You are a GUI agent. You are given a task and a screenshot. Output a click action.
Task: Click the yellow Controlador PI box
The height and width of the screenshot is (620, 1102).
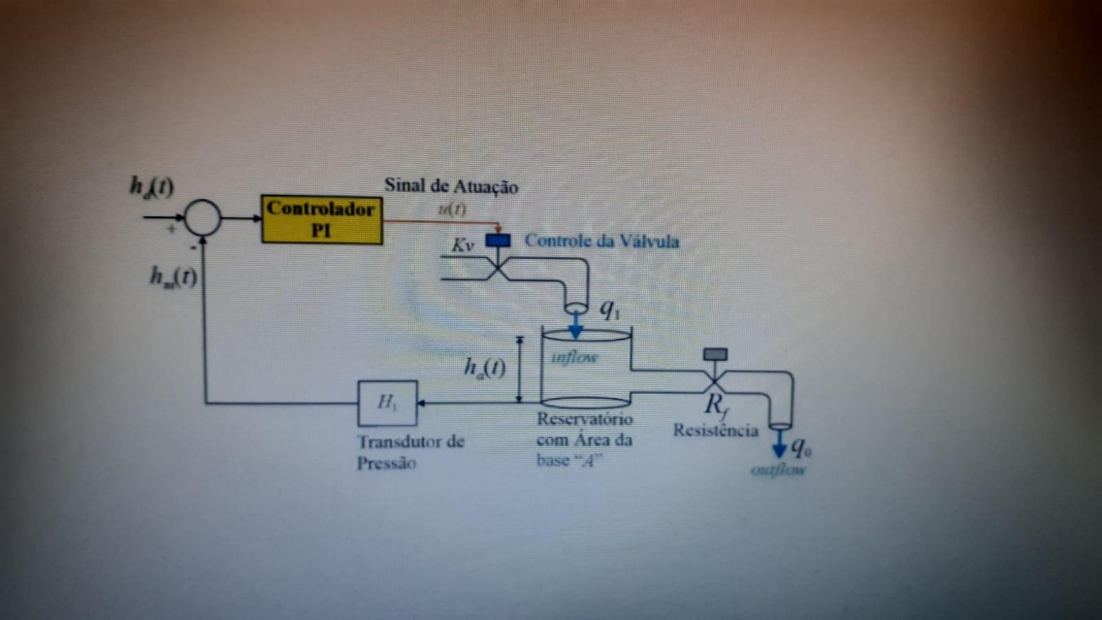tap(322, 219)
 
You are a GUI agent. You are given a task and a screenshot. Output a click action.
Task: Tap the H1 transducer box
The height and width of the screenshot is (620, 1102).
tap(387, 403)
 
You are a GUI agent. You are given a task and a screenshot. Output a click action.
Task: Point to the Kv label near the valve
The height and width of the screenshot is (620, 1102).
tap(463, 245)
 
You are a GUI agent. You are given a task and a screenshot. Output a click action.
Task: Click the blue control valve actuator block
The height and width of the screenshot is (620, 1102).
tap(498, 240)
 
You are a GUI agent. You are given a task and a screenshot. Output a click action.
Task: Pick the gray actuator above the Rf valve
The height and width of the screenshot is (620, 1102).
tap(715, 355)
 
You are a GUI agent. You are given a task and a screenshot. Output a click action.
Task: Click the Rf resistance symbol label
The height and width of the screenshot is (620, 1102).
tap(716, 405)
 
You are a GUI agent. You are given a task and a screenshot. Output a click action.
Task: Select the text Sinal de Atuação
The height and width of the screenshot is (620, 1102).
tap(451, 186)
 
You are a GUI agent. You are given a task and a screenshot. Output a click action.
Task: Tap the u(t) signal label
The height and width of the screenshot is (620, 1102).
tap(452, 209)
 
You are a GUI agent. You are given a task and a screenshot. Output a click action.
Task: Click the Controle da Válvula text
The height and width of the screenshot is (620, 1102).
tap(601, 241)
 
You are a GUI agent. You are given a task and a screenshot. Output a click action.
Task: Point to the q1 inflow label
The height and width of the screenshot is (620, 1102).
tap(610, 309)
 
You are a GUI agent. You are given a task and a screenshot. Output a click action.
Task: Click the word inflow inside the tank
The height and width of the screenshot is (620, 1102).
tap(574, 358)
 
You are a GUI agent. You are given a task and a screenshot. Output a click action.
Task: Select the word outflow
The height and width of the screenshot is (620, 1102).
tap(778, 471)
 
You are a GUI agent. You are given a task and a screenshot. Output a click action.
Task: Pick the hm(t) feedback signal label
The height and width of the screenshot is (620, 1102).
tap(174, 277)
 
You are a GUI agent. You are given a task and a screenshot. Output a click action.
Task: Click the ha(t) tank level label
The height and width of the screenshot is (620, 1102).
tap(485, 368)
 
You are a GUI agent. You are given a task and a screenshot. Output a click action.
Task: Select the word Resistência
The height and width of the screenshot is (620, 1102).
tap(716, 431)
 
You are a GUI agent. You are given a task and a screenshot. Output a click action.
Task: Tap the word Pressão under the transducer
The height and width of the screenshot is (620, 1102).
tap(386, 463)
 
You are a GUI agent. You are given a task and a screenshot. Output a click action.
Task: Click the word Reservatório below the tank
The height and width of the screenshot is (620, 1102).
tap(585, 419)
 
